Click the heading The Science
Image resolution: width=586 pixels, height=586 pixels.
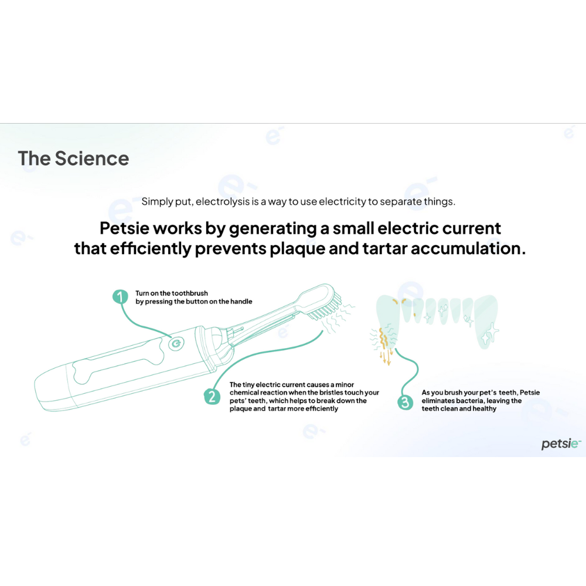[73, 158]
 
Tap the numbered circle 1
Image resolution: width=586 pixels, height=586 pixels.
[120, 297]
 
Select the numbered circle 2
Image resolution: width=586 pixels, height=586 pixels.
[212, 396]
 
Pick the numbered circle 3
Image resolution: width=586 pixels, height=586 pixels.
[405, 402]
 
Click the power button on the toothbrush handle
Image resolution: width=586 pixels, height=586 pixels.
[176, 343]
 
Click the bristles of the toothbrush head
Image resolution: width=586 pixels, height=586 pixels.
[326, 308]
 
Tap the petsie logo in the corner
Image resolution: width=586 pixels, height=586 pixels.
[561, 444]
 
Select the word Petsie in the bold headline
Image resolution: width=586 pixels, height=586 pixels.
[124, 229]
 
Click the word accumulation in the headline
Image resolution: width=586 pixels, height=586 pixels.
[468, 248]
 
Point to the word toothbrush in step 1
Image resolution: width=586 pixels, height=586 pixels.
[189, 294]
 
